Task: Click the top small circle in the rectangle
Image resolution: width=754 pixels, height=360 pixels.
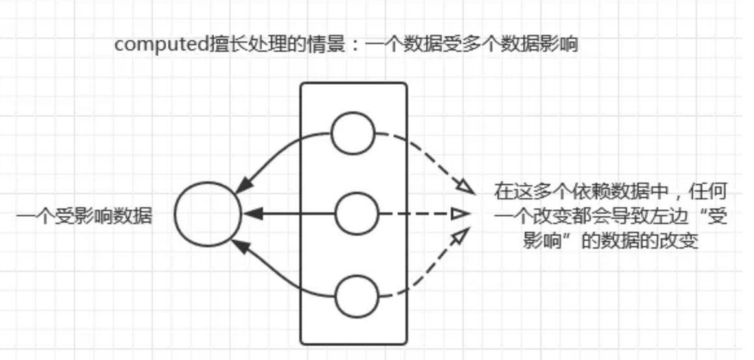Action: (x=353, y=133)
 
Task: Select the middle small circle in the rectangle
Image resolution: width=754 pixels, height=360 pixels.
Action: (x=356, y=213)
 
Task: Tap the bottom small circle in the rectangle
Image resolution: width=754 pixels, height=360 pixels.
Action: (x=356, y=295)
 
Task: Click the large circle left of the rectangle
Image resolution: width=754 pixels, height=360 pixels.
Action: (x=207, y=214)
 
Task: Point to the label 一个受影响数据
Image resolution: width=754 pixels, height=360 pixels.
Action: (x=84, y=216)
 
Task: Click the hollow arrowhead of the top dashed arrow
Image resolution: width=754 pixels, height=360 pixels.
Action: (x=465, y=186)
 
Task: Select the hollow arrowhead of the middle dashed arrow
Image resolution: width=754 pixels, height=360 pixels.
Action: (x=459, y=213)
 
